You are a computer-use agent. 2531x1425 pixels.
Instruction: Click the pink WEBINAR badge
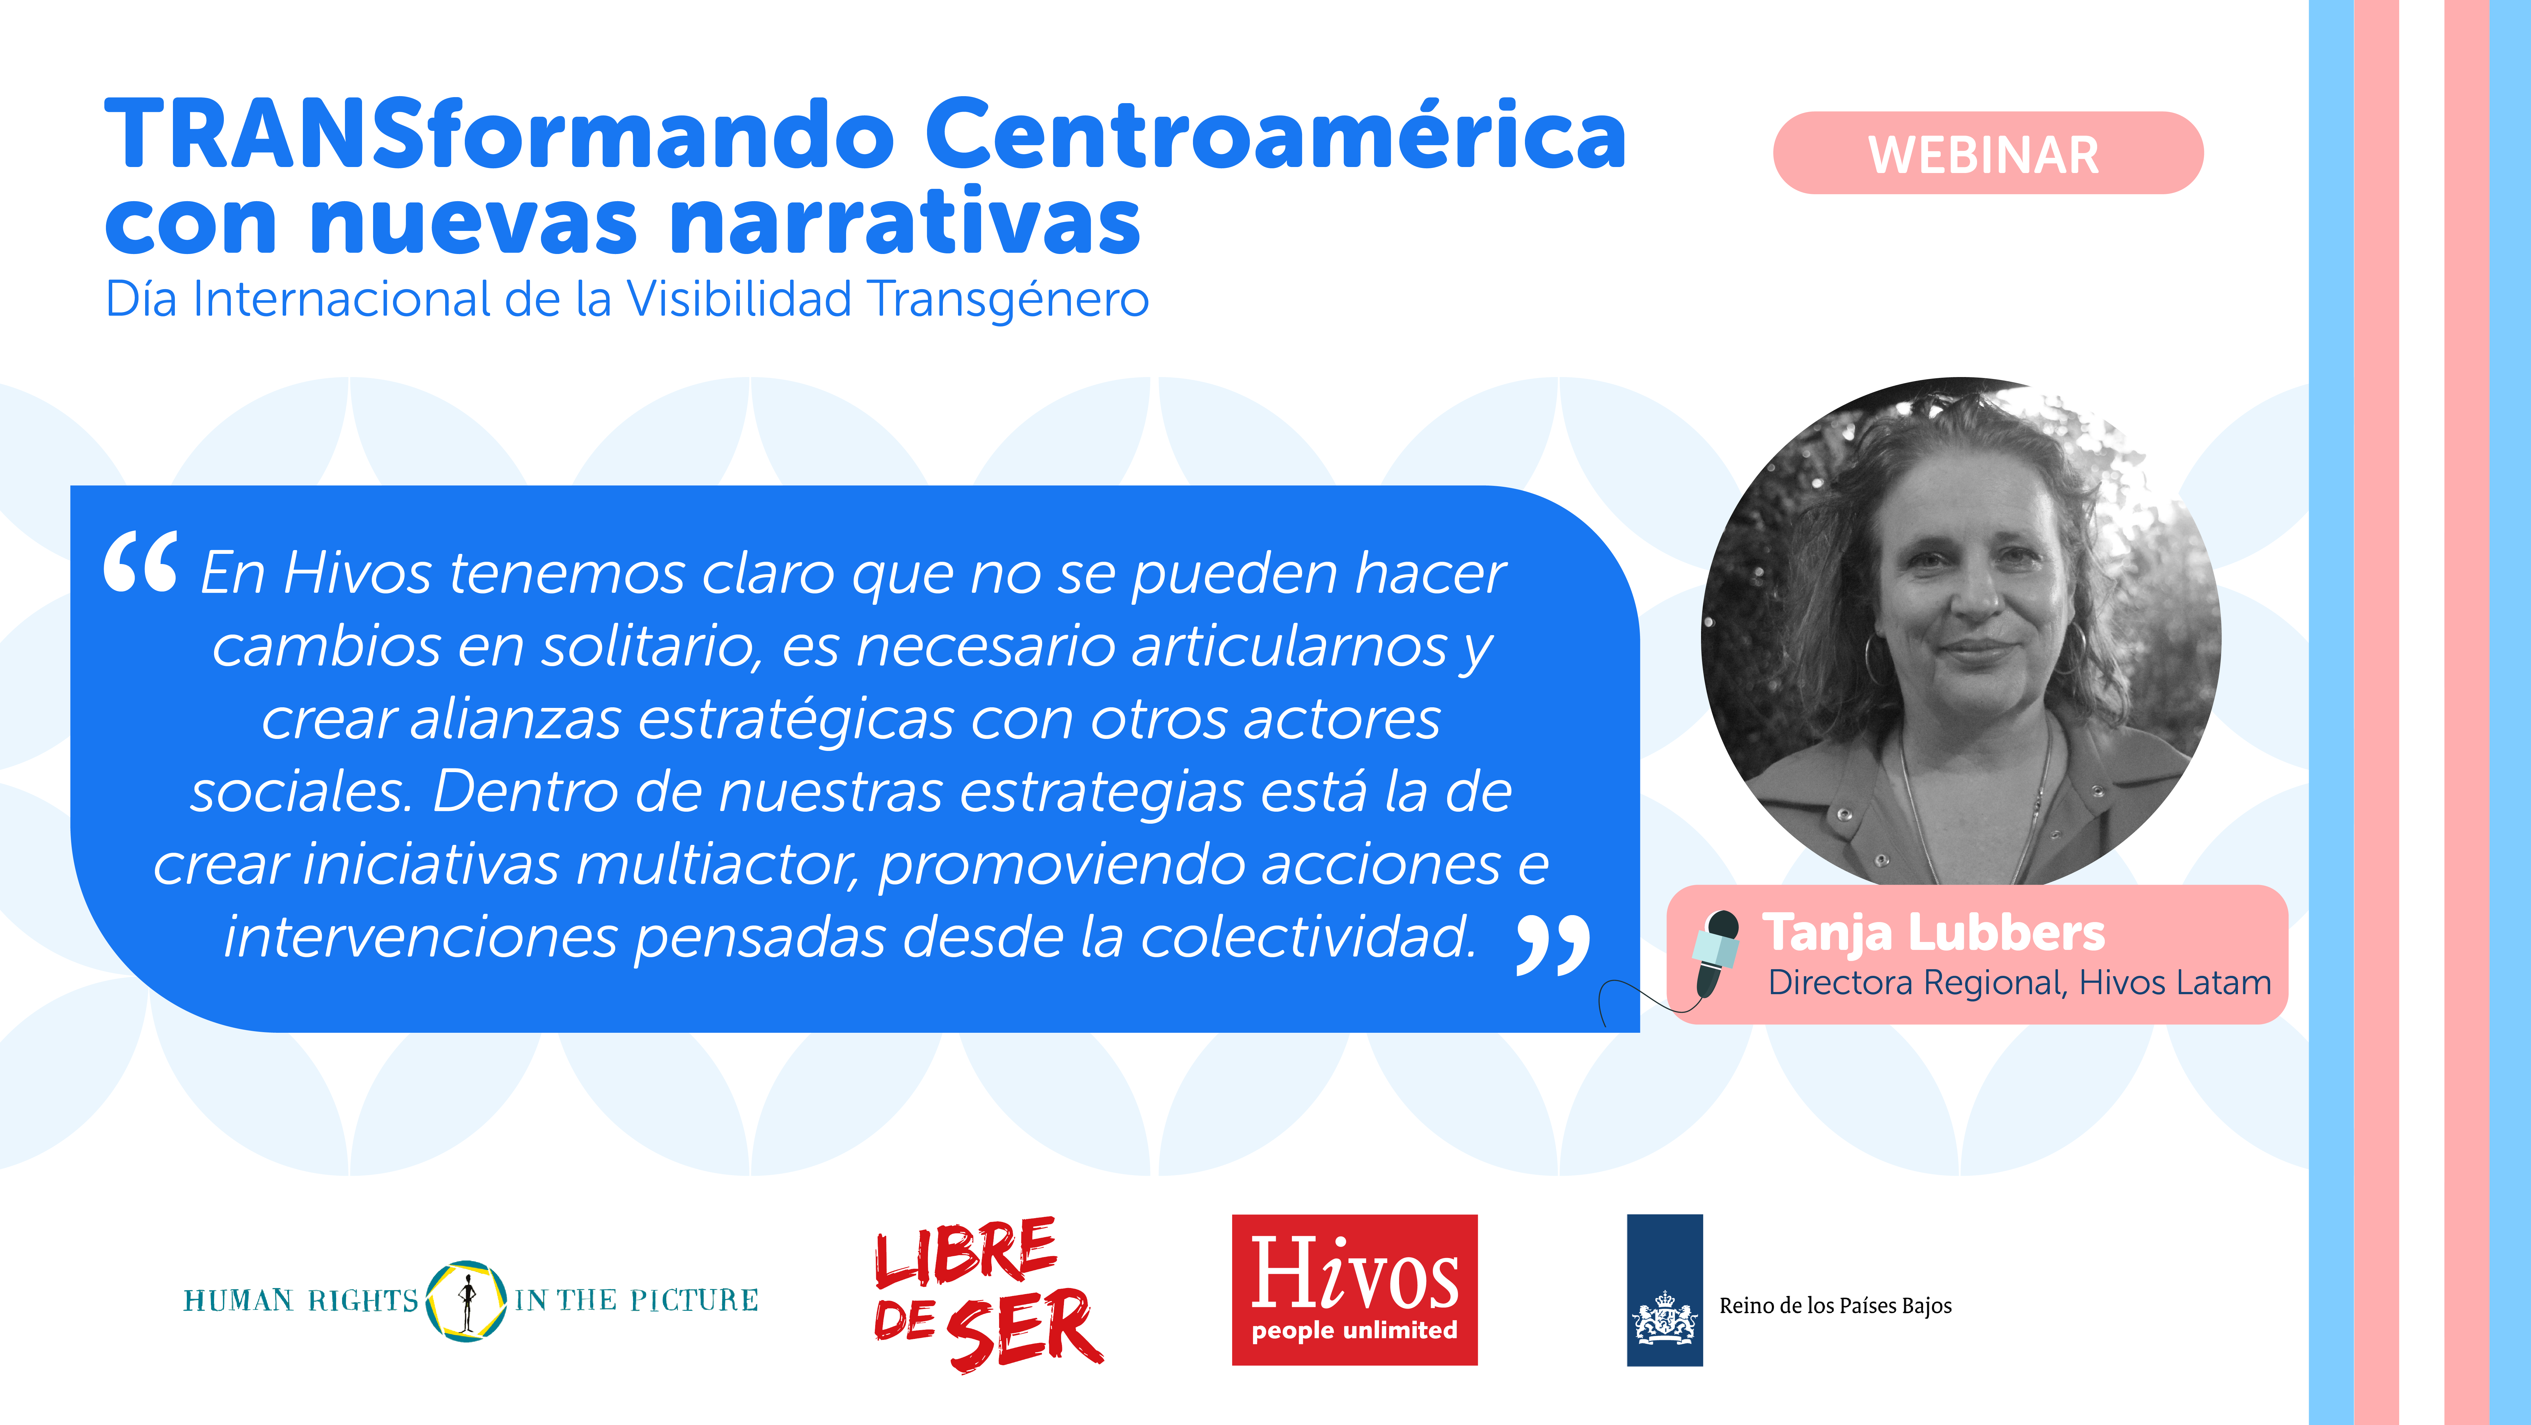[x=1988, y=153]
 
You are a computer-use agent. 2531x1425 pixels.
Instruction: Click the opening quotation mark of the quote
[x=140, y=562]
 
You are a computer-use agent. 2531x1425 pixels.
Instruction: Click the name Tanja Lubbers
[x=1934, y=932]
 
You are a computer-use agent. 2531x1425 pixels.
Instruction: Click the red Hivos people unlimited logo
[x=1354, y=1289]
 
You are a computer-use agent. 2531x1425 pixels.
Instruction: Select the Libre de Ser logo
[x=987, y=1293]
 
